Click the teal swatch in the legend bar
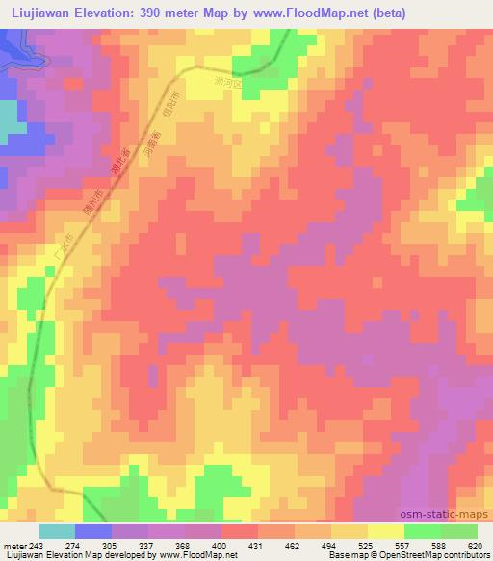pyautogui.click(x=57, y=531)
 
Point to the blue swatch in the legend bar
pyautogui.click(x=93, y=531)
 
